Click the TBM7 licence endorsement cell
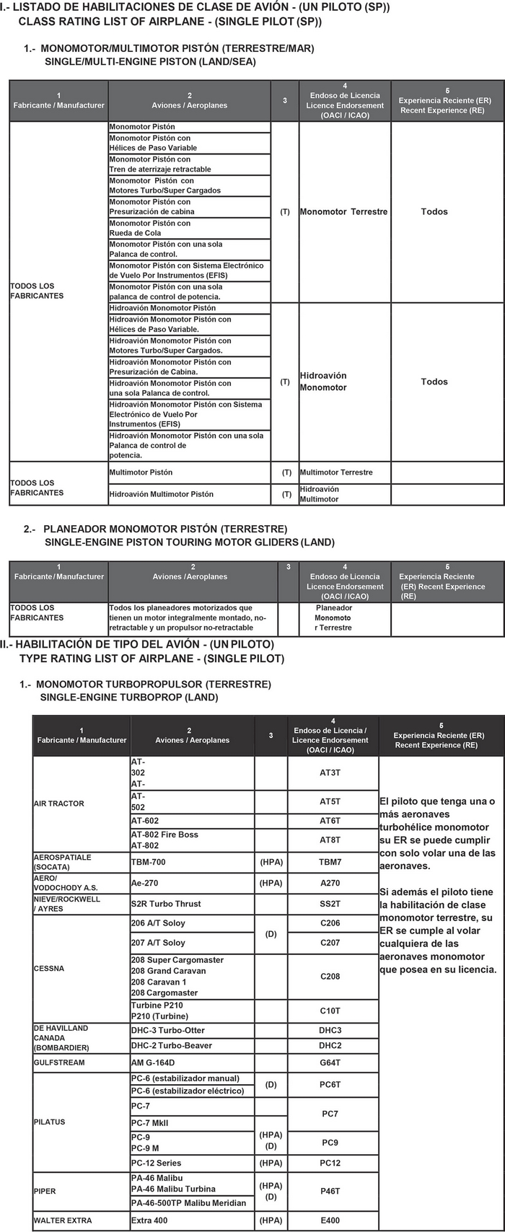[330, 862]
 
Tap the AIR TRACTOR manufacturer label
[59, 804]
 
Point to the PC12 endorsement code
[330, 1163]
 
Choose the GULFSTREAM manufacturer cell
[59, 1062]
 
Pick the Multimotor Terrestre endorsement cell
[336, 472]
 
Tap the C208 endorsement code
[330, 977]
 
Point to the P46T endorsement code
[330, 1192]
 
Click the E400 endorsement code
[330, 1220]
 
